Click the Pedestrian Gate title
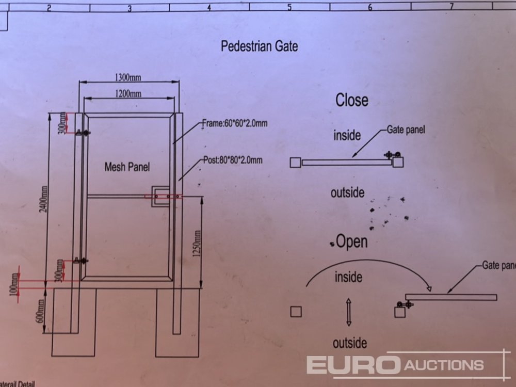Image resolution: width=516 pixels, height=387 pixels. click(259, 46)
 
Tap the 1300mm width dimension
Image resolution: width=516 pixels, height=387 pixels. click(128, 77)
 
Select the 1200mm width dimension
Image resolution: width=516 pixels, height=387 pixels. click(128, 93)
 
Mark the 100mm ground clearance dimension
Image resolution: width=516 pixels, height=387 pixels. click(14, 283)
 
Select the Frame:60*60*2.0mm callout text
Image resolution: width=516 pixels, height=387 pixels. click(235, 123)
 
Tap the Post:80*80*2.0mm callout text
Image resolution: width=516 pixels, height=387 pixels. click(232, 160)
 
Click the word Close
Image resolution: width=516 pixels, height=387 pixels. click(352, 100)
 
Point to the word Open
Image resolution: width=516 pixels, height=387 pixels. click(352, 241)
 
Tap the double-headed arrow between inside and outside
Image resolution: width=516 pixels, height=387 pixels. click(349, 311)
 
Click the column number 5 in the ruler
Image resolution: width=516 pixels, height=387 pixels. click(289, 7)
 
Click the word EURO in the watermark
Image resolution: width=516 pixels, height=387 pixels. click(353, 365)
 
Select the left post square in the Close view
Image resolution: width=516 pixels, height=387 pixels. click(295, 163)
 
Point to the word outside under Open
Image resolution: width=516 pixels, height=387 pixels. click(349, 343)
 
